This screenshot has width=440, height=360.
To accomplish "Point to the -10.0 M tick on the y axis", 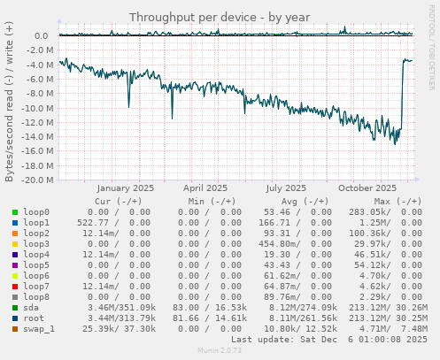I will pos(35,108).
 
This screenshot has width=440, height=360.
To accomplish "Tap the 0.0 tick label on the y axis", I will pos(42,36).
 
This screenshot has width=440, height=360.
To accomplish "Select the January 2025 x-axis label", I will pos(125,188).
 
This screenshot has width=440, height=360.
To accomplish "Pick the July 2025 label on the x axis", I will pos(286,188).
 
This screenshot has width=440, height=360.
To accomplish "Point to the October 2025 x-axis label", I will pos(367,188).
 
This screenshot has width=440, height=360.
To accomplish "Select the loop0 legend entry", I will pos(36,212).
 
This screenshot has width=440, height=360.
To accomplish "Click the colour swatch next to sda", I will pos(16,308).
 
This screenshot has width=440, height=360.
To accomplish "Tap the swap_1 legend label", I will pos(40,328).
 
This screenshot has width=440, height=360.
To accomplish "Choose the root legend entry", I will pos(34,318).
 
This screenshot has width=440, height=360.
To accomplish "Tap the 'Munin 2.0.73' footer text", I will pos(220,351).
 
